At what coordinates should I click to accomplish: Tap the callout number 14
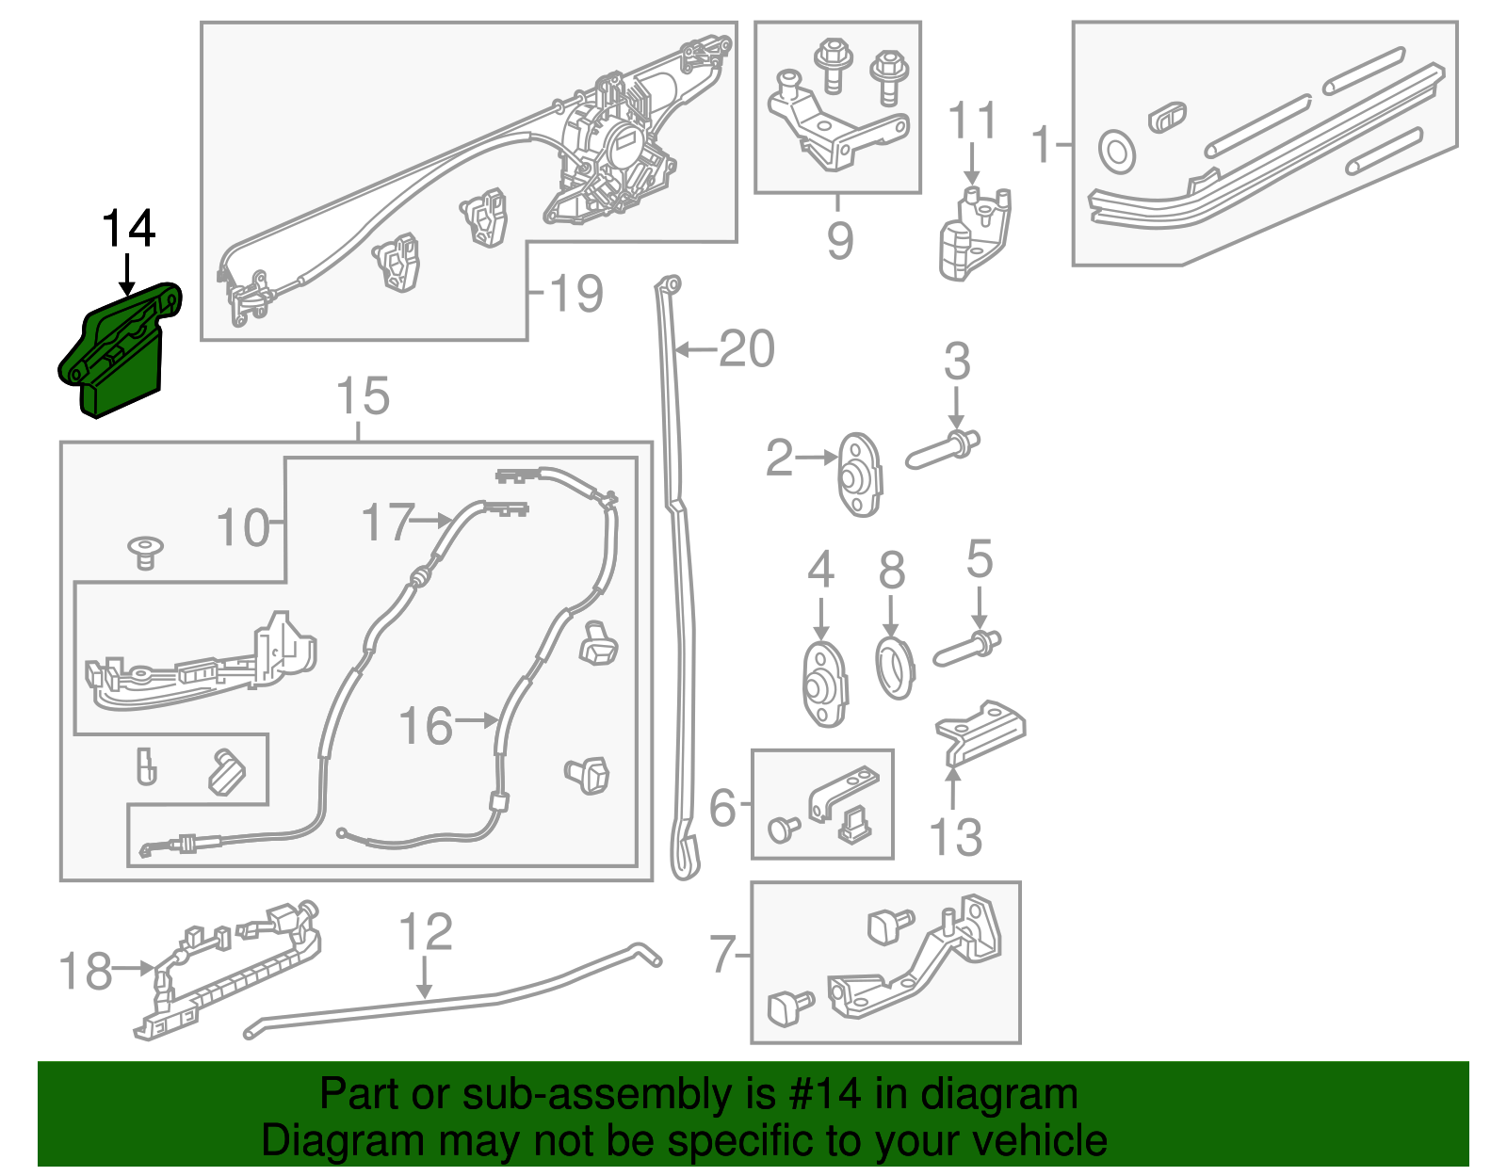(128, 230)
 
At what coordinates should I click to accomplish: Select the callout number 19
(575, 294)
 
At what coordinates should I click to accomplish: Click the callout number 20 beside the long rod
(746, 349)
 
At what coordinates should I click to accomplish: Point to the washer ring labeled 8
(895, 668)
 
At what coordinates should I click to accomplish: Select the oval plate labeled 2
(859, 475)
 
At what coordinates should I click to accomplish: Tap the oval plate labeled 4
(825, 685)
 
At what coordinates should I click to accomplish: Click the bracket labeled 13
(980, 731)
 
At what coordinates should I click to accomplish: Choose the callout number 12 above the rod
(426, 932)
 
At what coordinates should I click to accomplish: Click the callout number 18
(86, 971)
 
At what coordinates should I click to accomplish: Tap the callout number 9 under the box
(839, 240)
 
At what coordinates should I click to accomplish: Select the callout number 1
(1040, 145)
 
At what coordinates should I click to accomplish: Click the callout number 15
(363, 396)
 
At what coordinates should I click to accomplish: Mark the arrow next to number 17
(434, 520)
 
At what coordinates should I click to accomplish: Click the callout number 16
(426, 726)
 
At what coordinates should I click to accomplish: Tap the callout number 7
(722, 955)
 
